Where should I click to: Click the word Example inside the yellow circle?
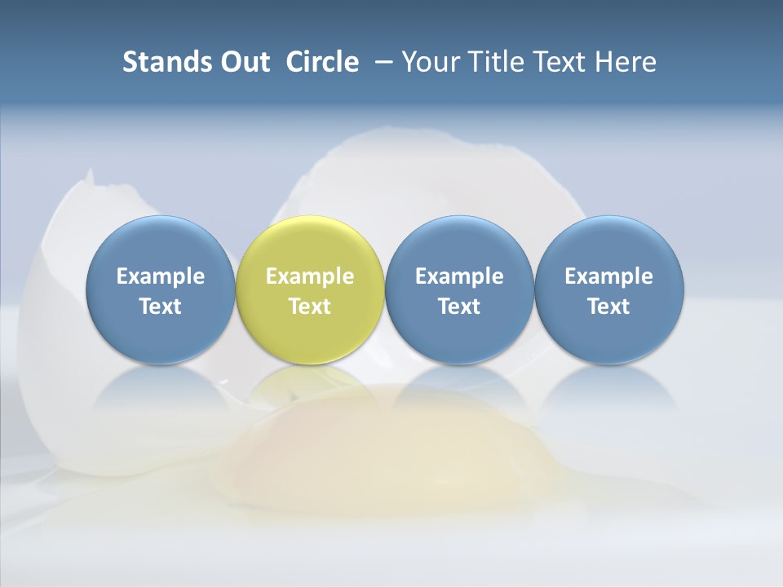[310, 276]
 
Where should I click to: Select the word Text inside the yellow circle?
[310, 307]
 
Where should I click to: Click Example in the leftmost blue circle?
[161, 276]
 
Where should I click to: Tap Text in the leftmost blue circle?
[161, 307]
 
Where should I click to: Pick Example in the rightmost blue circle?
[608, 276]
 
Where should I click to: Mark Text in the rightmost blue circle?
[608, 307]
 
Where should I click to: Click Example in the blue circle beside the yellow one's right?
[459, 276]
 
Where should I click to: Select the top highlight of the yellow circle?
[310, 232]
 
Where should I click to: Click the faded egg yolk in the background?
[383, 448]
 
